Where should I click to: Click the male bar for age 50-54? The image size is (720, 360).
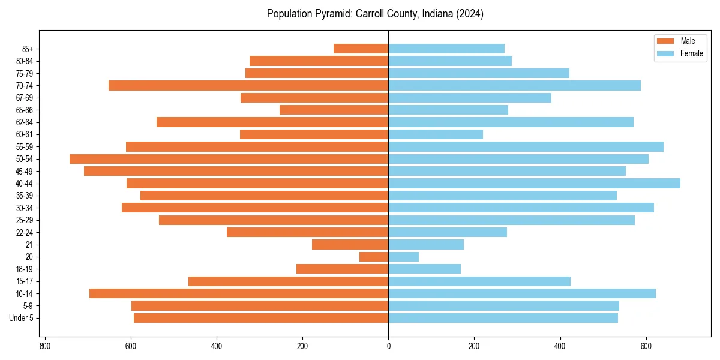pyautogui.click(x=229, y=159)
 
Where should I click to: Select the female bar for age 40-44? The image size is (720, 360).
pyautogui.click(x=534, y=184)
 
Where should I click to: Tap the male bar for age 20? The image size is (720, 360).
pyautogui.click(x=374, y=257)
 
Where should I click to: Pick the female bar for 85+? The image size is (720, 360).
pyautogui.click(x=446, y=49)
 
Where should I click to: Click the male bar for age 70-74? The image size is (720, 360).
pyautogui.click(x=248, y=86)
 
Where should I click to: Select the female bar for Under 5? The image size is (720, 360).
pyautogui.click(x=503, y=318)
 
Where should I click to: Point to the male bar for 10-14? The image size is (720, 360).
pyautogui.click(x=239, y=293)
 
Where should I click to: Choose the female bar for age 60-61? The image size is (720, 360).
pyautogui.click(x=436, y=134)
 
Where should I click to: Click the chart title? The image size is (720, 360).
pyautogui.click(x=375, y=14)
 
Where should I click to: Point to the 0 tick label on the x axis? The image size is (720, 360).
pyautogui.click(x=388, y=346)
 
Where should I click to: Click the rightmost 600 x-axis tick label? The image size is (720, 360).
pyautogui.click(x=646, y=346)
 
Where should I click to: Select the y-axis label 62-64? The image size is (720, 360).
pyautogui.click(x=24, y=122)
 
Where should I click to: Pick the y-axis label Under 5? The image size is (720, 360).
pyautogui.click(x=22, y=318)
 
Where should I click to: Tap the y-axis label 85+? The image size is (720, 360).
pyautogui.click(x=28, y=49)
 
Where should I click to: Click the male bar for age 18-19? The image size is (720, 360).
pyautogui.click(x=342, y=269)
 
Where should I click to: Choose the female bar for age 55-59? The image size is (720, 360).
pyautogui.click(x=526, y=147)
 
